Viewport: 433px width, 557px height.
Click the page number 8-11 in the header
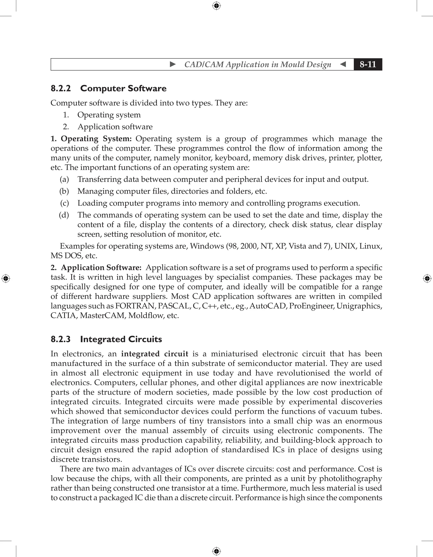tap(368, 64)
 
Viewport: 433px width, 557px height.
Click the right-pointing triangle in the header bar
tap(173, 64)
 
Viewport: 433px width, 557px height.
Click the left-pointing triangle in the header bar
tap(343, 64)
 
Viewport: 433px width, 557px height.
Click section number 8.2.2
tap(61, 89)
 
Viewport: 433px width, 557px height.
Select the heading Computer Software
tap(123, 89)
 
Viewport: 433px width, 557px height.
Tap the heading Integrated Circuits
tap(121, 339)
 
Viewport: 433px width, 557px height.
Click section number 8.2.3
tap(61, 339)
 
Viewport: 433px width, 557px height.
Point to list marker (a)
tap(64, 179)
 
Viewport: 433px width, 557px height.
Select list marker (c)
tap(64, 203)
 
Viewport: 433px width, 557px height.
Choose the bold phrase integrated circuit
tap(155, 354)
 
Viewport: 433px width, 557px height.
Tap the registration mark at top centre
tap(216, 6)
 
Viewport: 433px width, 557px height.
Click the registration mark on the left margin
tap(6, 278)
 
